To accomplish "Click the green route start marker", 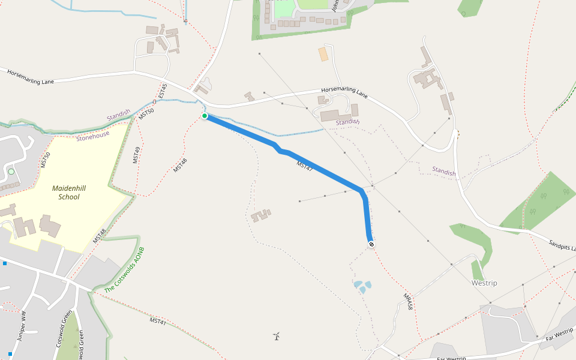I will tap(205, 116).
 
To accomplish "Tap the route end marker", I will tap(371, 244).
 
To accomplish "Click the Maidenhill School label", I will tap(69, 192).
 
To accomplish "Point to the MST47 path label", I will tap(304, 167).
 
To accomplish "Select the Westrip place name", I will tap(484, 283).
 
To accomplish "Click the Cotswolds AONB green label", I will tap(124, 270).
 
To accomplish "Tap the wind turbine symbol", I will tap(277, 337).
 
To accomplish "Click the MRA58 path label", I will tap(408, 301).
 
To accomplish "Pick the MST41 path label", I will tap(158, 322).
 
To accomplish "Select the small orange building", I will tap(323, 54).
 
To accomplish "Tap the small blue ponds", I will tap(362, 287).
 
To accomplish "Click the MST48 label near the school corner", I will tap(100, 236).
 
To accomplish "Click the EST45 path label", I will tap(163, 92).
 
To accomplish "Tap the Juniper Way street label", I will tap(23, 326).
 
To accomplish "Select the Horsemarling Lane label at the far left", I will tap(31, 77).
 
